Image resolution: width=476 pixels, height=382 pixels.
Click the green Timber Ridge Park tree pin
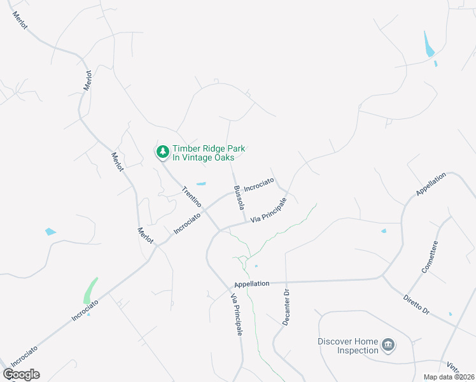tap(163, 152)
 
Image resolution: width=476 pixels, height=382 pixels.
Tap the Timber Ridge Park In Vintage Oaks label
tap(209, 153)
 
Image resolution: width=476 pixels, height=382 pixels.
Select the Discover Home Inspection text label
tap(347, 346)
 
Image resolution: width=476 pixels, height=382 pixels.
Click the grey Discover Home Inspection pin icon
tap(388, 346)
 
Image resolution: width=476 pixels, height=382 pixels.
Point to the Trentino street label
tap(192, 197)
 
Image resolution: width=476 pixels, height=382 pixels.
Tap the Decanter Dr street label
tap(286, 308)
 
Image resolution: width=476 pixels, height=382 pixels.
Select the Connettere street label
tap(430, 257)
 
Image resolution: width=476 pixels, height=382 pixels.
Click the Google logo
tap(22, 374)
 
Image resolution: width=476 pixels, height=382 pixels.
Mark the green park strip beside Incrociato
tap(90, 291)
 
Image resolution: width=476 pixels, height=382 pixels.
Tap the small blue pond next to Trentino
tap(201, 184)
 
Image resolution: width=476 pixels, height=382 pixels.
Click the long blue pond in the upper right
tap(428, 44)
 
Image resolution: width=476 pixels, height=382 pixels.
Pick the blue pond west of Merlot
tap(50, 232)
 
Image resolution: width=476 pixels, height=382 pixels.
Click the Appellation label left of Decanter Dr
tap(252, 283)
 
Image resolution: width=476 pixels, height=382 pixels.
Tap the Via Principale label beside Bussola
tap(269, 209)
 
